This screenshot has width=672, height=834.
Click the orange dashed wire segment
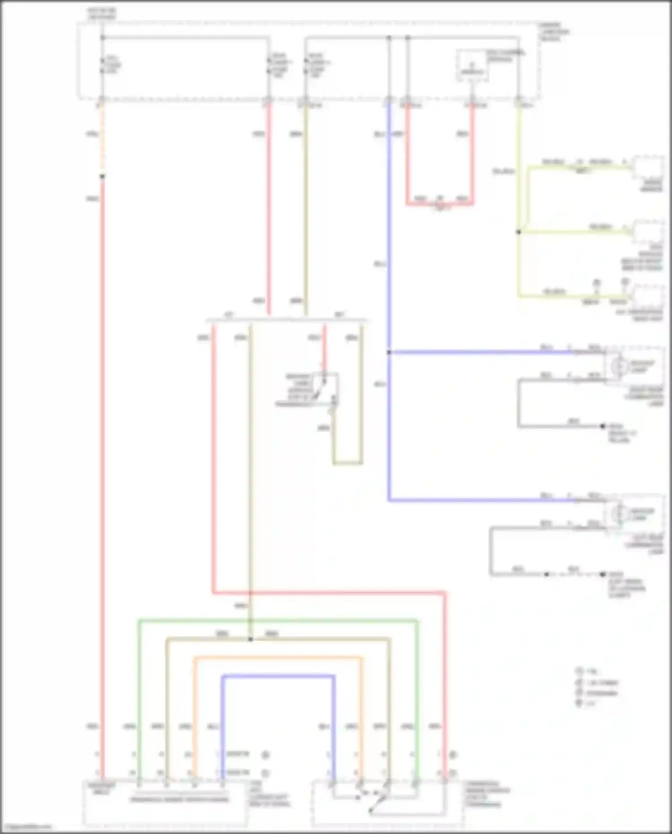click(103, 139)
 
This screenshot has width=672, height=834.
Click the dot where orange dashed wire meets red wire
click(103, 177)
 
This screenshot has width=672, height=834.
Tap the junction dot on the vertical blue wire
click(389, 352)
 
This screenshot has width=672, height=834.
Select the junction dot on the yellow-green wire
click(519, 232)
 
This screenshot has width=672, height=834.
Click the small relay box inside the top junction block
click(472, 65)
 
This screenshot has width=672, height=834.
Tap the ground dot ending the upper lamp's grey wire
click(603, 426)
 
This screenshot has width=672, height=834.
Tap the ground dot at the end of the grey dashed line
click(603, 574)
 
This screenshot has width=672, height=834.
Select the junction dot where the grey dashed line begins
click(546, 574)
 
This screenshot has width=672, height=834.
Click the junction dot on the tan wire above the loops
click(250, 639)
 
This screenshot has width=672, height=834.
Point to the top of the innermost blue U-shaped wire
click(278, 675)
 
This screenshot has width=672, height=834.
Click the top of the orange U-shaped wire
click(278, 657)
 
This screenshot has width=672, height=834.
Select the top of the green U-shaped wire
click(278, 621)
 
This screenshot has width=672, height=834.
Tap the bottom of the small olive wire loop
click(347, 463)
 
